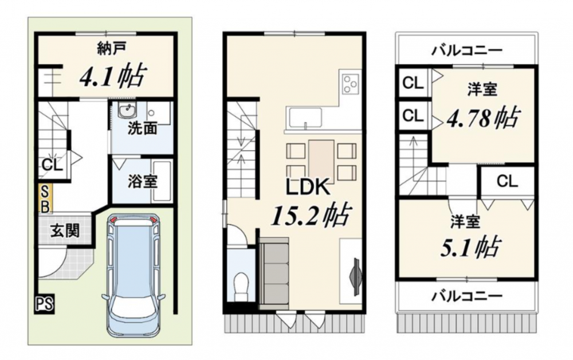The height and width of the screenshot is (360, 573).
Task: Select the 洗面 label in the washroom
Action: (x=143, y=128)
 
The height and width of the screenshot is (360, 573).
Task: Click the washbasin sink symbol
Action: (x=127, y=110)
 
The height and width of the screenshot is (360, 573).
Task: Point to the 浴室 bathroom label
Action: (x=143, y=181)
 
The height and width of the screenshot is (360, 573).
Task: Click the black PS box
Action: (x=45, y=304)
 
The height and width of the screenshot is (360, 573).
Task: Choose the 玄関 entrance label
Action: (x=65, y=230)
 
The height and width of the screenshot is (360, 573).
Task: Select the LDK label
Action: (x=308, y=187)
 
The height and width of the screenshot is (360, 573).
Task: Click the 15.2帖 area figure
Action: (x=310, y=215)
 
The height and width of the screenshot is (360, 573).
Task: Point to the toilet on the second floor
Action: (x=241, y=287)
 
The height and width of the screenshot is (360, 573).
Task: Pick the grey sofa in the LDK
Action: (x=274, y=271)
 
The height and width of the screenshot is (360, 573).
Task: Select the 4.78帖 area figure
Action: (x=482, y=118)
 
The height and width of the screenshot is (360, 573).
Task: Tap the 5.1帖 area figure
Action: (x=470, y=248)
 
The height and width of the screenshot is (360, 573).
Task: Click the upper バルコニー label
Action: (x=466, y=50)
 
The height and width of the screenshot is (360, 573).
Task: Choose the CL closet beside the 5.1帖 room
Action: (x=507, y=181)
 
